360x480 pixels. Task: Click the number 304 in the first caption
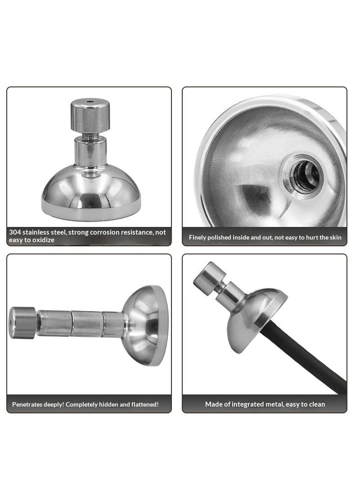[x=15, y=232]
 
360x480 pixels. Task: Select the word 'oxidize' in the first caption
[x=43, y=240]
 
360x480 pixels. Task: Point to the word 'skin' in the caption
[x=336, y=237]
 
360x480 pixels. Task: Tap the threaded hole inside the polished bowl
[x=306, y=176]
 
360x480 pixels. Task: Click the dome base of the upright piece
[x=91, y=193]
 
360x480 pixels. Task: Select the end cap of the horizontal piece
[x=22, y=323]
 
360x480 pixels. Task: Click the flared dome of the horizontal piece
[x=145, y=326]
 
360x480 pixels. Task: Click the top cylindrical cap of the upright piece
[x=90, y=115]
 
